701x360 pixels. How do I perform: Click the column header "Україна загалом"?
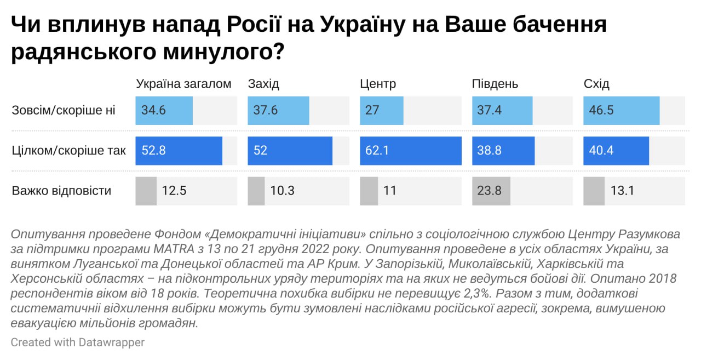[x=183, y=84]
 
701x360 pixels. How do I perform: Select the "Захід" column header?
[x=263, y=84]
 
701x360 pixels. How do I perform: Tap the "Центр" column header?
[x=378, y=84]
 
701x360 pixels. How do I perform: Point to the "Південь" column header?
[x=495, y=84]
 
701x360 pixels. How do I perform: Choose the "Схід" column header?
[x=596, y=84]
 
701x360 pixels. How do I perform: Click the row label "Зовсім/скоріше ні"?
[x=64, y=110]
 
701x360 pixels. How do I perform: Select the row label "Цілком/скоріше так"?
[x=69, y=151]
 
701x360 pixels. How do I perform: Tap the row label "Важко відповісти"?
[x=61, y=191]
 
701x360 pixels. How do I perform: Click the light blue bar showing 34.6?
[x=164, y=110]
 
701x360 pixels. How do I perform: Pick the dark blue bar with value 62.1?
[x=410, y=151]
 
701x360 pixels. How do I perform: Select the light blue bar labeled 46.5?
[x=621, y=110]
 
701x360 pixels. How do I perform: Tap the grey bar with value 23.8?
[x=491, y=191]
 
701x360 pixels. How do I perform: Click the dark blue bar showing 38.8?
[x=503, y=151]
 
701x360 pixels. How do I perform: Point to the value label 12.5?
[x=174, y=191]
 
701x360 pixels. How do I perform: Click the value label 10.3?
[x=283, y=191]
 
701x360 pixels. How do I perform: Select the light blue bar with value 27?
[x=381, y=110]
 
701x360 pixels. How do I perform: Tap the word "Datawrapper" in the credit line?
[x=111, y=342]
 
